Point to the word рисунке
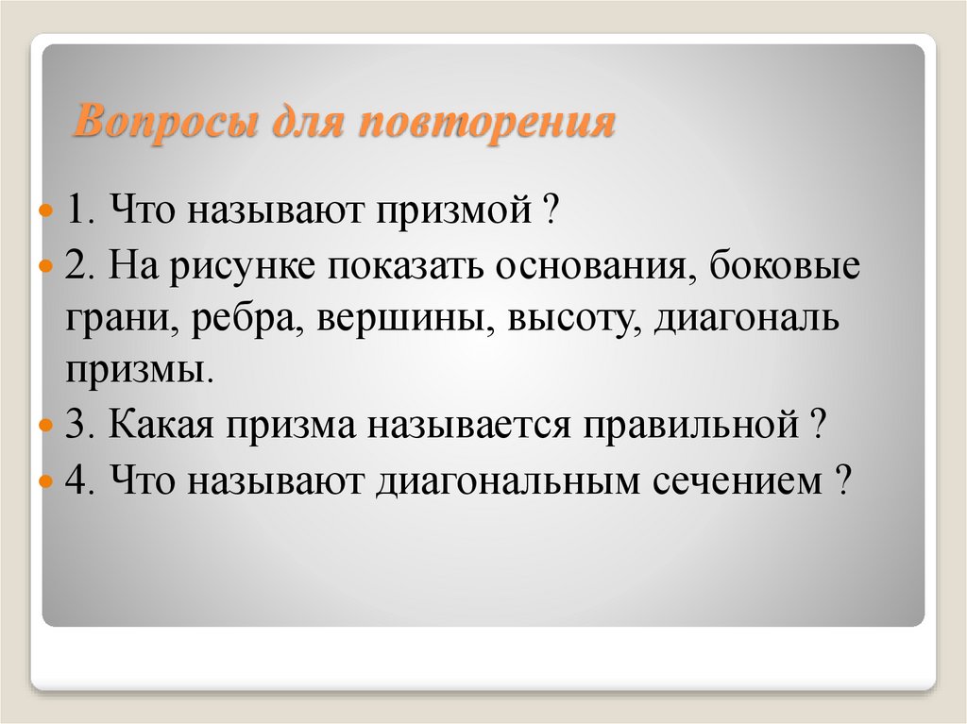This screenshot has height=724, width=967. pos(243,267)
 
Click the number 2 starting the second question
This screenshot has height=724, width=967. pos(75,267)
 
